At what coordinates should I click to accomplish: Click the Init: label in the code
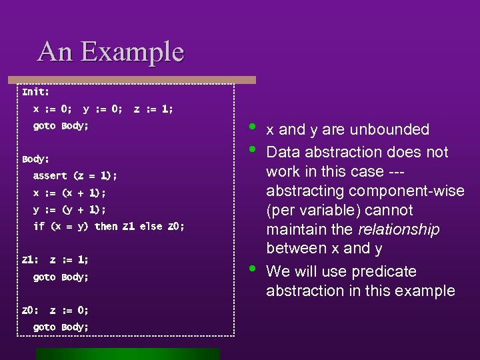pos(35,91)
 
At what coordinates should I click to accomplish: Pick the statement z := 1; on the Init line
pos(153,108)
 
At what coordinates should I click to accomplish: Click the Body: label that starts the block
pos(35,159)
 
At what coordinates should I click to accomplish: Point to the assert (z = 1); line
pos(75,176)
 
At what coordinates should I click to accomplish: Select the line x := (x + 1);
pos(69,193)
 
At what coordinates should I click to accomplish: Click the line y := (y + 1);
pos(69,209)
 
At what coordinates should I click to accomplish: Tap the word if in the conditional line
pos(39,227)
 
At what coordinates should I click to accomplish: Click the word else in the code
pos(151,227)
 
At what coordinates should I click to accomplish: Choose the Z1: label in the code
pos(30,260)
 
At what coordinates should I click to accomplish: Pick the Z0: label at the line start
pos(30,310)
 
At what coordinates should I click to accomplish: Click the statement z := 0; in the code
pos(69,310)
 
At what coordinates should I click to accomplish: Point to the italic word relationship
pos(399,230)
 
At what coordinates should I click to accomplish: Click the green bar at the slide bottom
pos(127,354)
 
